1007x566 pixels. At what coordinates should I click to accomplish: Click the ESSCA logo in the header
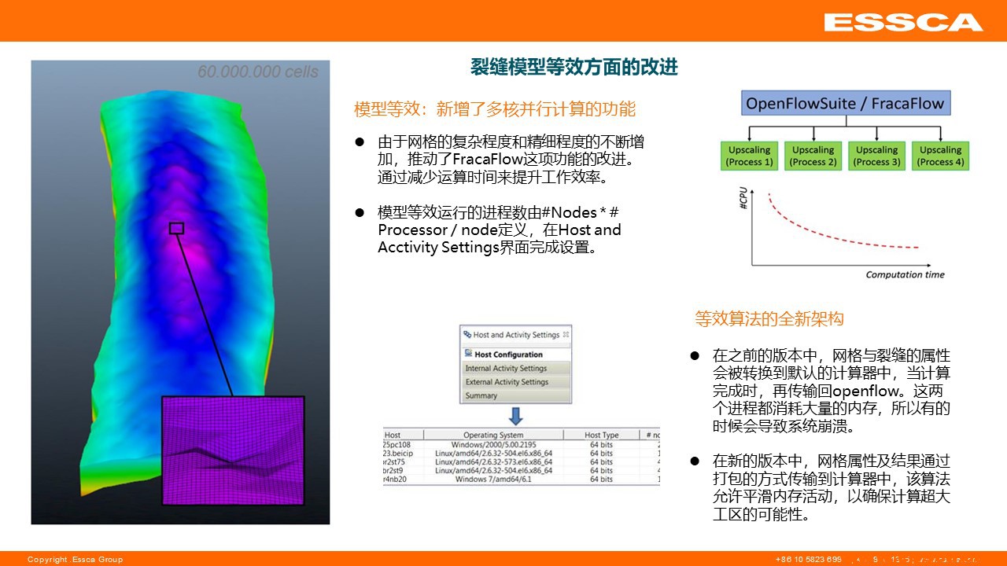tap(903, 22)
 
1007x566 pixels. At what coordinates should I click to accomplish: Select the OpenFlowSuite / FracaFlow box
tap(845, 104)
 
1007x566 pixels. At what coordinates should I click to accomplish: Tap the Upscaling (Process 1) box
tap(749, 156)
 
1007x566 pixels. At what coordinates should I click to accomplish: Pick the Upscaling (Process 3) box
tap(876, 156)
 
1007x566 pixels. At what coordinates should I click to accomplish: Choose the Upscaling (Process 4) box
tap(940, 156)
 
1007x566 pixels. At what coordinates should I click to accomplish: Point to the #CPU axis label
tap(743, 199)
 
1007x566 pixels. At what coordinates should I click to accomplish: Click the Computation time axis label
tap(905, 274)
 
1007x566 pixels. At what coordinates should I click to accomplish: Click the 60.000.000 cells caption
tap(258, 72)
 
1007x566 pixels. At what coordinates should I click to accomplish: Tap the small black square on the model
tap(177, 228)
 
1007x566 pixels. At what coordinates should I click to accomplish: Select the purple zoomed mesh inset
tap(232, 450)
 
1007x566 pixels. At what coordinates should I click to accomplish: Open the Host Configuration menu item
tap(508, 355)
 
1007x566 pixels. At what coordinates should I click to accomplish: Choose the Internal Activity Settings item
tap(506, 368)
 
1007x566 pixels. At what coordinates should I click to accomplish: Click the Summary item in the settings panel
tap(481, 395)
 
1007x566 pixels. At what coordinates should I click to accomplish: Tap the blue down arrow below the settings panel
tap(515, 416)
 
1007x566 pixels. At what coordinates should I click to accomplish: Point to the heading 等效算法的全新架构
tap(769, 318)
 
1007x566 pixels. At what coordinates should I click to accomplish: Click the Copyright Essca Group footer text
tap(76, 559)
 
